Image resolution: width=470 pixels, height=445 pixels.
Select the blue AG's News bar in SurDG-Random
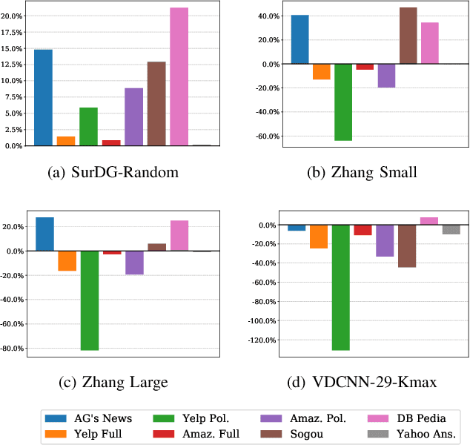pos(43,97)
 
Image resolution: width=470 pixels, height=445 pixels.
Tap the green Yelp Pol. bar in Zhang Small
pos(343,102)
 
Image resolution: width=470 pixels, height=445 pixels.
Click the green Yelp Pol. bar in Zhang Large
pos(90,300)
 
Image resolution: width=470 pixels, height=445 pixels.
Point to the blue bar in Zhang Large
pos(44,234)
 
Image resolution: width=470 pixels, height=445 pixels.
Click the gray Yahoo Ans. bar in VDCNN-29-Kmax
pos(451,229)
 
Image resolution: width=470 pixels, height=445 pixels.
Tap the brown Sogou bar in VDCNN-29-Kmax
pos(407,245)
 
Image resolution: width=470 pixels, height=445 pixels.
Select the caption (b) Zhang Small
pos(362,174)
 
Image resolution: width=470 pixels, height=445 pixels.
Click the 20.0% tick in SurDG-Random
pos(13,16)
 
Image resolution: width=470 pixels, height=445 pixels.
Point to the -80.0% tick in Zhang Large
pos(13,348)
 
